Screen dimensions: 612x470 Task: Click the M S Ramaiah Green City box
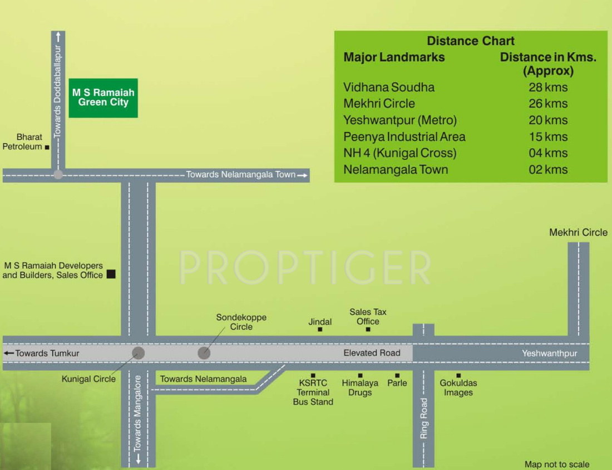click(103, 97)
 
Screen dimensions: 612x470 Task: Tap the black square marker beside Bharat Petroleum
click(47, 147)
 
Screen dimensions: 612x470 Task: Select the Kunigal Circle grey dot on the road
click(138, 353)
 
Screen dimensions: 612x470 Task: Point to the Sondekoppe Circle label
click(241, 322)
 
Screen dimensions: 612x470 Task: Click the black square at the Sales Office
click(111, 274)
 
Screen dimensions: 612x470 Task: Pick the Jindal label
click(320, 322)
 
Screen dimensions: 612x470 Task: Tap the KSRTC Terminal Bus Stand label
click(313, 392)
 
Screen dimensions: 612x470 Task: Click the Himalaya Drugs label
click(360, 388)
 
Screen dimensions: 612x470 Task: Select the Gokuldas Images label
click(458, 388)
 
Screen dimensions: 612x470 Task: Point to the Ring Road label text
click(424, 418)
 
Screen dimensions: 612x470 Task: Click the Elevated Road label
click(372, 353)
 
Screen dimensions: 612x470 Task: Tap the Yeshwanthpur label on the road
click(550, 353)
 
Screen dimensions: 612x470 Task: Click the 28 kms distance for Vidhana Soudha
click(548, 87)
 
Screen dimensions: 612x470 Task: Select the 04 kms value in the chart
click(548, 153)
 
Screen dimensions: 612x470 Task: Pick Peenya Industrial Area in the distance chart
click(404, 137)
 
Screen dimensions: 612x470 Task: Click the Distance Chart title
click(471, 41)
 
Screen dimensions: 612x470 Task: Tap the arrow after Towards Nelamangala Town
click(303, 175)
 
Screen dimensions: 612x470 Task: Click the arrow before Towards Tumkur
click(8, 353)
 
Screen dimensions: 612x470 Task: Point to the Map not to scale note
click(557, 464)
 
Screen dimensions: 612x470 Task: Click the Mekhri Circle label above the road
click(579, 232)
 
